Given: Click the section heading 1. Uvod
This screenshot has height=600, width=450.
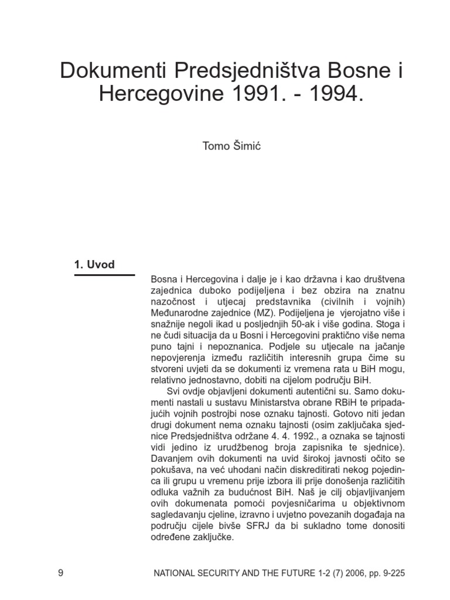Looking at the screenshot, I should (94, 264).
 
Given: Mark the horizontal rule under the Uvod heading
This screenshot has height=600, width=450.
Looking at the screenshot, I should (104, 274).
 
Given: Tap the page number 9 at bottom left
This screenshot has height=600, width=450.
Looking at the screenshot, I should (61, 572).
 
